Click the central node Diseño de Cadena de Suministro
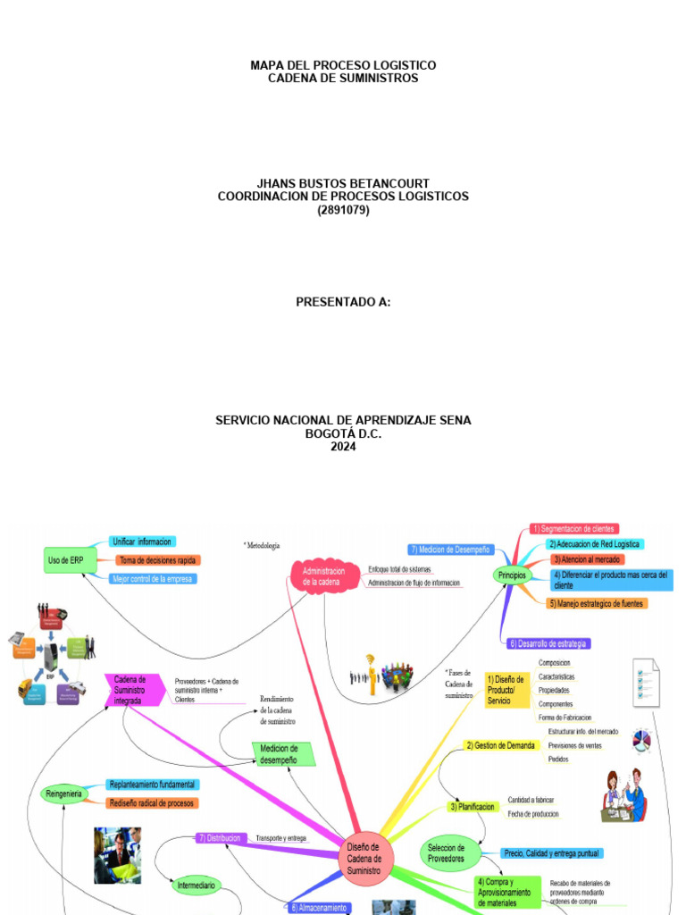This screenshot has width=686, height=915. (363, 859)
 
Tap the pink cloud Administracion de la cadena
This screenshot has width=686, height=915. (322, 576)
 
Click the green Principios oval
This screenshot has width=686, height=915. (512, 576)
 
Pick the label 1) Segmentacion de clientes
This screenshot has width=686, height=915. (573, 529)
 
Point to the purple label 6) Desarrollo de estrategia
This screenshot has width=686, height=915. (548, 643)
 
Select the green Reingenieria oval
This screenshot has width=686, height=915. (63, 793)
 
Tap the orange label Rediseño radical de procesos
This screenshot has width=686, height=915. (152, 803)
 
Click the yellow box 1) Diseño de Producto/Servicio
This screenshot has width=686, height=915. (507, 690)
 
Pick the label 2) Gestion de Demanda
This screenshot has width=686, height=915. (501, 745)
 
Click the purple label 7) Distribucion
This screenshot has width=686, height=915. (220, 838)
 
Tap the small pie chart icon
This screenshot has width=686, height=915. (640, 740)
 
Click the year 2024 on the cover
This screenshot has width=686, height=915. (343, 447)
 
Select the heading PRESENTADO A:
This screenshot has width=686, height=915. (343, 302)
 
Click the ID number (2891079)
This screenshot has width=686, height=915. (343, 210)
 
